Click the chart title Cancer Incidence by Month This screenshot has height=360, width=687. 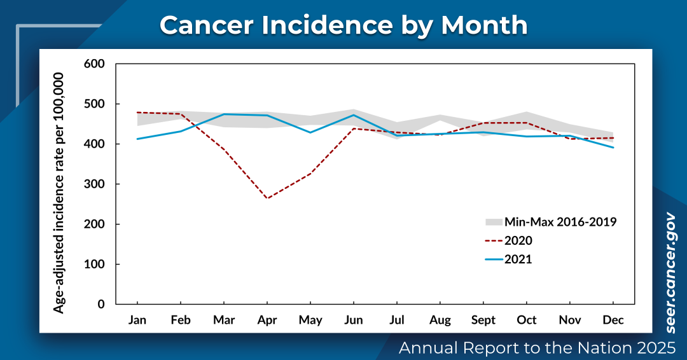click(x=343, y=25)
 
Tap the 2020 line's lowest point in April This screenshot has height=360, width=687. click(x=267, y=198)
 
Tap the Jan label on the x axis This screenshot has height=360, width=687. click(x=137, y=320)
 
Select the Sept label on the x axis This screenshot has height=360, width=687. click(x=483, y=320)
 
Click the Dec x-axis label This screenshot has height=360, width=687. click(x=613, y=320)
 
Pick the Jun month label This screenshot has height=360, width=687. click(x=354, y=320)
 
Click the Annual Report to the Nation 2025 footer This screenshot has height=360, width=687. click(x=536, y=348)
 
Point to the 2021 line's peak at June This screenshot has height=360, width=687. click(x=354, y=114)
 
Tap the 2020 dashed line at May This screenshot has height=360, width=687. click(x=310, y=174)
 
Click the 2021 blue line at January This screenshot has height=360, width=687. click(x=137, y=139)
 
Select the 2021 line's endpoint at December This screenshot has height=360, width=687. click(x=613, y=148)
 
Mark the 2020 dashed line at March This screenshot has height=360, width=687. click(x=224, y=149)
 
